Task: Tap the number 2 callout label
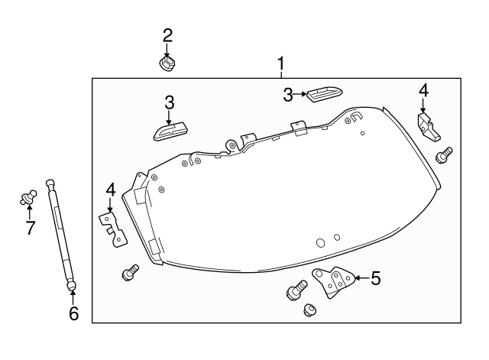point(167,34)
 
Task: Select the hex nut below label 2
point(167,62)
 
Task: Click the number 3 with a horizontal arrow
point(288,95)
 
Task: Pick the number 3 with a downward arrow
point(170,102)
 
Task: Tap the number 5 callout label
point(375,278)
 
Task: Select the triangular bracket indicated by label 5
point(333,282)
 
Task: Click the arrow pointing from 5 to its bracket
point(359,277)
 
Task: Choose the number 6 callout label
point(73,314)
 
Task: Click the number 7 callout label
point(31,228)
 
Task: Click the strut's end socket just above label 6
point(71,286)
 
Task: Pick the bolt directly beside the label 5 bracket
point(296,291)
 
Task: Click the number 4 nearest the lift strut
point(110,188)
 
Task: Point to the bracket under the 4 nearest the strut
point(113,228)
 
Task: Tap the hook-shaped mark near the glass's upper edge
point(355,116)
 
